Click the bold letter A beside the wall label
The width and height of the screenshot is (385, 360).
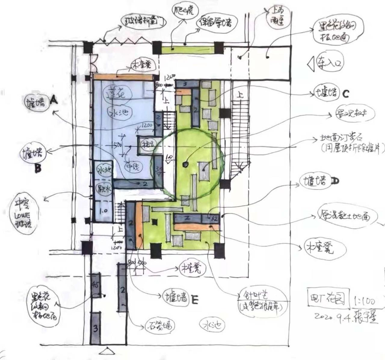(54, 100)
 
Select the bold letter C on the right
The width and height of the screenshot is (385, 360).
(346, 94)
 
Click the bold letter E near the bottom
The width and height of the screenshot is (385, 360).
(195, 300)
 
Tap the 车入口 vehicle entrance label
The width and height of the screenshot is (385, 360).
(330, 64)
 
